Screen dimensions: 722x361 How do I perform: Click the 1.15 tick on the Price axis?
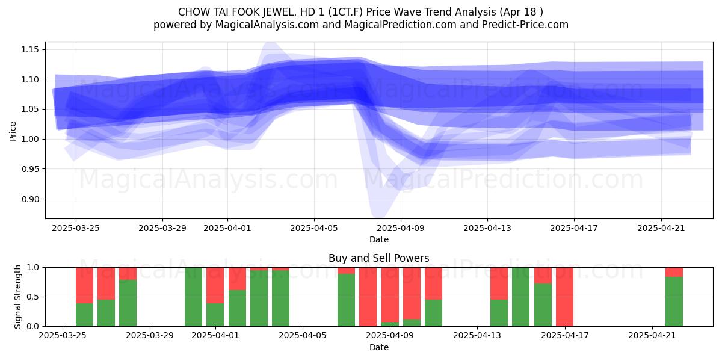click(29, 49)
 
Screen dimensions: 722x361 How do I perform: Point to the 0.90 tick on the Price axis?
click(29, 199)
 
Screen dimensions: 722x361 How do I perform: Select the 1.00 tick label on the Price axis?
click(29, 139)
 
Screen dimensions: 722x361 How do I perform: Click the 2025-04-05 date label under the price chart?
click(314, 228)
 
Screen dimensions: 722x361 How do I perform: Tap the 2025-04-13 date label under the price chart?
click(487, 228)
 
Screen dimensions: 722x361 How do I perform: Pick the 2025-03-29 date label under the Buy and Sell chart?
click(150, 336)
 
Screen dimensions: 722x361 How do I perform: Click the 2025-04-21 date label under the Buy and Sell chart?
click(652, 336)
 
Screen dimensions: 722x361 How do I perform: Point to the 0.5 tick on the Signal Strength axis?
click(32, 297)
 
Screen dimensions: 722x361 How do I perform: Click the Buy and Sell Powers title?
click(378, 258)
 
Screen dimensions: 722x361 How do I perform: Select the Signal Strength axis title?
click(17, 297)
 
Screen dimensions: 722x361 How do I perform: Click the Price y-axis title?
click(13, 131)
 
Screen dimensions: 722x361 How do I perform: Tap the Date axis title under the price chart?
click(378, 239)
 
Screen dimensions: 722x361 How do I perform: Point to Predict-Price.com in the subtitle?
click(525, 25)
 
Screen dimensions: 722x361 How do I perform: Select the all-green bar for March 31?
click(193, 297)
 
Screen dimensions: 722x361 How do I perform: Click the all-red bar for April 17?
click(565, 297)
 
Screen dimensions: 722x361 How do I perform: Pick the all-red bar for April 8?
click(368, 297)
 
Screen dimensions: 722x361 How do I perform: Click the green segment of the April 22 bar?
click(674, 301)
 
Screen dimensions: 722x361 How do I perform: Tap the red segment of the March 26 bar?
click(84, 285)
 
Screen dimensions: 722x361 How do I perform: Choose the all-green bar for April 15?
click(521, 297)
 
